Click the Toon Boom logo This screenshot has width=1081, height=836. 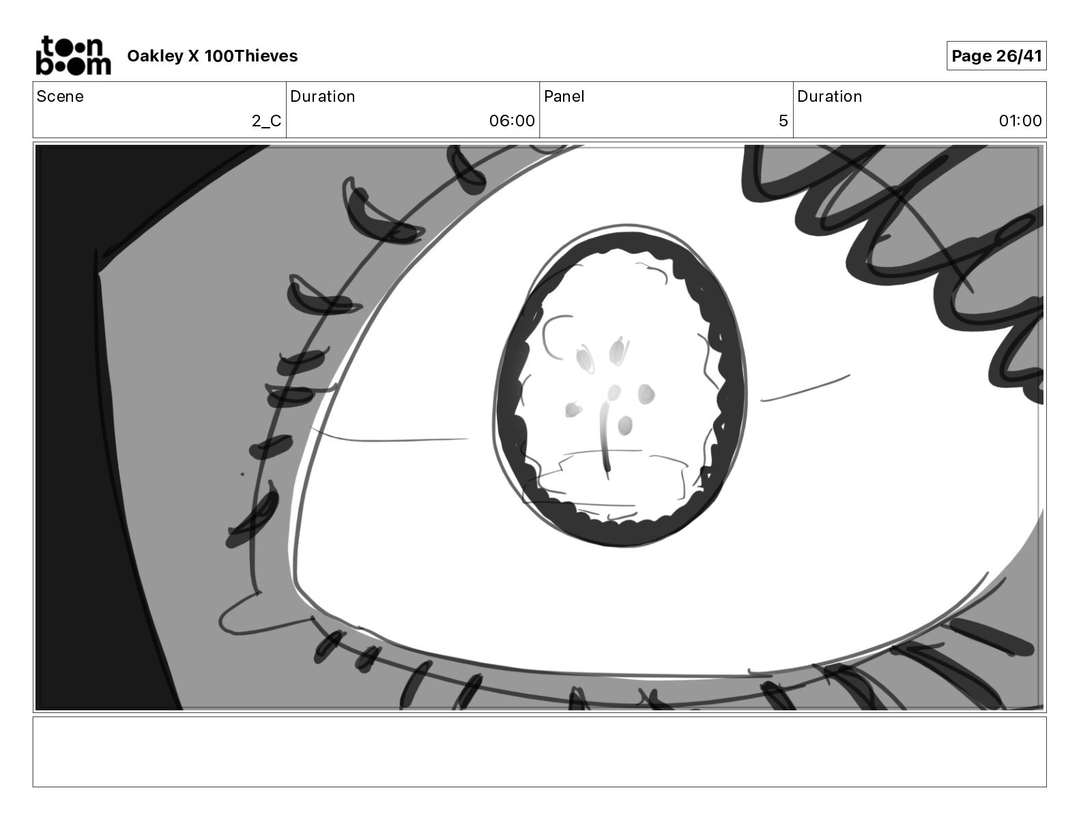click(x=74, y=55)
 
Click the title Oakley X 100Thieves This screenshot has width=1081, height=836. click(x=212, y=56)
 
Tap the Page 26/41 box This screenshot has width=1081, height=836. click(x=996, y=56)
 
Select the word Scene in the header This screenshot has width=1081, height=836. click(x=60, y=96)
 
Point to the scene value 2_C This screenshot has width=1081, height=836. click(x=266, y=120)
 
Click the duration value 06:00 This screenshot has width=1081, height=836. click(x=512, y=120)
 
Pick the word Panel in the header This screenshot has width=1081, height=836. click(x=564, y=96)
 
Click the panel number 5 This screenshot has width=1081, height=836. click(x=783, y=120)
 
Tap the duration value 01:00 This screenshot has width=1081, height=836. click(x=1020, y=120)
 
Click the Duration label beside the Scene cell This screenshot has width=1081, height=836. click(x=322, y=96)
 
